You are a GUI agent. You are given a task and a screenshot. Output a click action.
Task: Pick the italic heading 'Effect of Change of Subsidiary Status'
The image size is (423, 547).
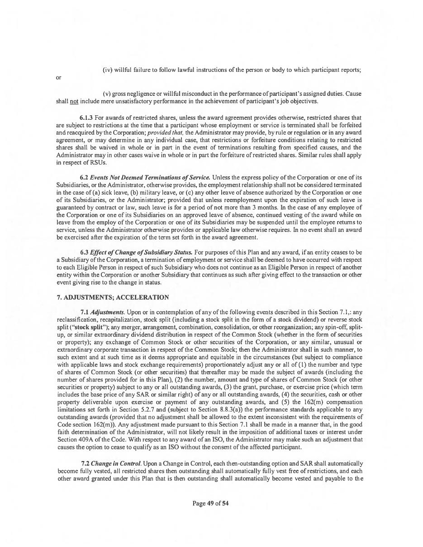[141, 252]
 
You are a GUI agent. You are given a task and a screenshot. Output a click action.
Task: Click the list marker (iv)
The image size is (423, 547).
[108, 70]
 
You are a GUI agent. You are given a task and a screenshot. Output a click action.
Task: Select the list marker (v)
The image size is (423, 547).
[107, 94]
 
